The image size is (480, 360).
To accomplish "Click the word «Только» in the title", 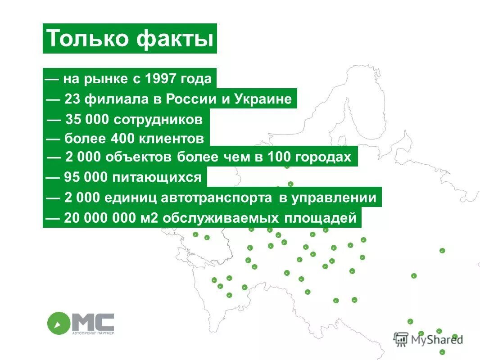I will (x=88, y=39).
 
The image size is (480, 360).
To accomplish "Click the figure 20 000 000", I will (x=101, y=219).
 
